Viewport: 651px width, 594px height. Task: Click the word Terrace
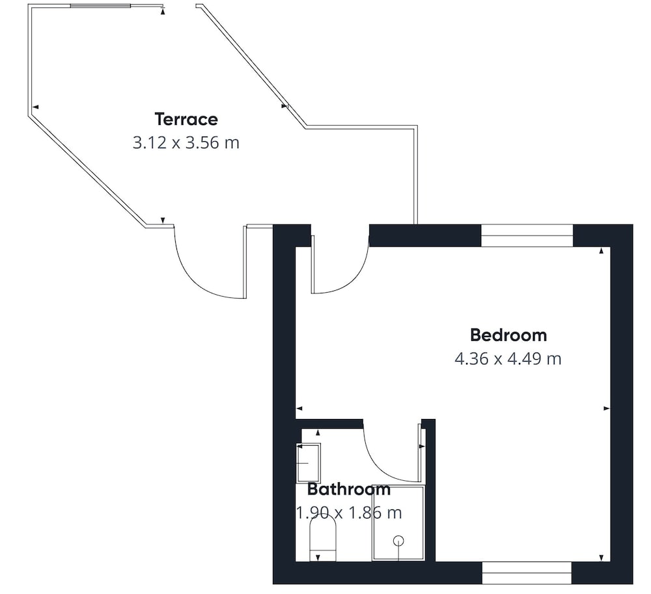[x=186, y=120]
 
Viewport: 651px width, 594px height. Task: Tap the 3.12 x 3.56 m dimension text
[x=186, y=142]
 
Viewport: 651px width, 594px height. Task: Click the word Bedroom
[x=508, y=335]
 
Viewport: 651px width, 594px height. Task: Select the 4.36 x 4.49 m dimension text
[x=508, y=358]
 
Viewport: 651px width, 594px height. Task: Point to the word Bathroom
[x=349, y=489]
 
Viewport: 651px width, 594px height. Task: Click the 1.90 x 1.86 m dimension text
[x=349, y=513]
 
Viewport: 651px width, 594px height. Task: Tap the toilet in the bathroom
[x=323, y=539]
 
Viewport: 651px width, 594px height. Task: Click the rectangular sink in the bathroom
[x=308, y=463]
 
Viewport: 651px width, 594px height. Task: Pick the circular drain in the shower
[x=398, y=541]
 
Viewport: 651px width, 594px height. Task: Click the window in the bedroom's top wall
[x=527, y=236]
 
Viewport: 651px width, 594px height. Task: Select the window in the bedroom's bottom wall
[x=527, y=573]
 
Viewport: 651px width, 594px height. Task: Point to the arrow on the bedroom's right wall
[x=607, y=409]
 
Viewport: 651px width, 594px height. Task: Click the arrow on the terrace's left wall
[x=35, y=107]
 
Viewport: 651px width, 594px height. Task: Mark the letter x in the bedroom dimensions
[x=498, y=360]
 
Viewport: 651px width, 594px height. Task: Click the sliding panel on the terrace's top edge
[x=100, y=6]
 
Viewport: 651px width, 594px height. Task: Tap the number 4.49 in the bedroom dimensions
[x=524, y=358]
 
